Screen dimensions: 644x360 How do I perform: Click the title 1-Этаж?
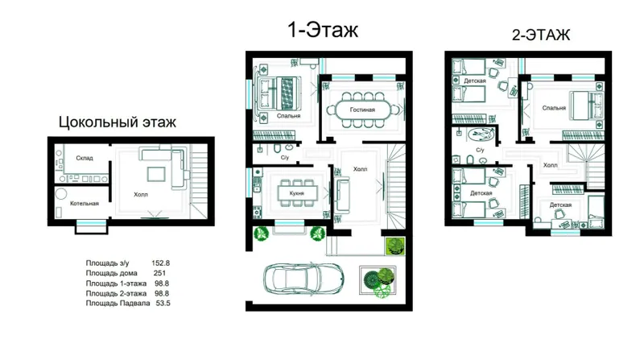pyautogui.click(x=323, y=30)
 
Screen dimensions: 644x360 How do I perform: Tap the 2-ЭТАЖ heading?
pyautogui.click(x=541, y=35)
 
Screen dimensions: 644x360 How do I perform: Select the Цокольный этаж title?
pyautogui.click(x=117, y=122)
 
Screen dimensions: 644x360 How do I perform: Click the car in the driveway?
pyautogui.click(x=303, y=279)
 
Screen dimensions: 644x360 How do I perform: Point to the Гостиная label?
pyautogui.click(x=362, y=110)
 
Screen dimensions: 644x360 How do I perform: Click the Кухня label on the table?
pyautogui.click(x=296, y=192)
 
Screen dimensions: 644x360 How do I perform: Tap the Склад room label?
pyautogui.click(x=85, y=158)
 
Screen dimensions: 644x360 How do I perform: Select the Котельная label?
pyautogui.click(x=85, y=203)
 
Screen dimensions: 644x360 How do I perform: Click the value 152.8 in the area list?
pyautogui.click(x=160, y=263)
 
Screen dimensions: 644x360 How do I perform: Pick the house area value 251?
pyautogui.click(x=159, y=273)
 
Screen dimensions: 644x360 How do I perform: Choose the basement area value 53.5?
pyautogui.click(x=163, y=304)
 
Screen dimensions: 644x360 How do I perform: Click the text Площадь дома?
pyautogui.click(x=111, y=273)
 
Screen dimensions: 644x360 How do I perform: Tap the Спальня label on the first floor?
pyautogui.click(x=288, y=116)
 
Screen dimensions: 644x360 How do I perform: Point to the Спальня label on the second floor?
pyautogui.click(x=554, y=108)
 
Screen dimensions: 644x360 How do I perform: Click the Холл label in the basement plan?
pyautogui.click(x=140, y=194)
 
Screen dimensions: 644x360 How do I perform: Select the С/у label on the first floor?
pyautogui.click(x=285, y=157)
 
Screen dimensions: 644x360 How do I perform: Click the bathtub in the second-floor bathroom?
pyautogui.click(x=481, y=134)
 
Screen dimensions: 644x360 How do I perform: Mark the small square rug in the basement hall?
pyautogui.click(x=156, y=174)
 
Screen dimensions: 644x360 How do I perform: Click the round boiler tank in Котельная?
pyautogui.click(x=61, y=193)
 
